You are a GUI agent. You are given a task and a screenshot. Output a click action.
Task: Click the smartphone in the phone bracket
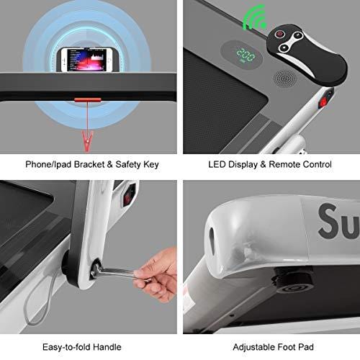pyautogui.click(x=87, y=60)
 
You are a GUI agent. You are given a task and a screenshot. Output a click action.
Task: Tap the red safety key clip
pyautogui.click(x=87, y=142)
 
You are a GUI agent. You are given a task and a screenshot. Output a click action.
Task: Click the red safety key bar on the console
pyautogui.click(x=87, y=99)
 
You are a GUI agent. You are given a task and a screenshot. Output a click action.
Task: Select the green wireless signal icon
pyautogui.click(x=254, y=18)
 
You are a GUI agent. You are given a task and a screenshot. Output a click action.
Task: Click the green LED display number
pyautogui.click(x=246, y=55)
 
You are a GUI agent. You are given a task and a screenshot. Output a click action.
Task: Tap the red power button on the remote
pyautogui.click(x=279, y=34)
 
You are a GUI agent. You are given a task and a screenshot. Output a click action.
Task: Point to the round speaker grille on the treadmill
pyautogui.click(x=284, y=78)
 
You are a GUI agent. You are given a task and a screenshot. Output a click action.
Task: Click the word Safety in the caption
pyautogui.click(x=128, y=165)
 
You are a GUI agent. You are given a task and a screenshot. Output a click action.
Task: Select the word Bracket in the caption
pyautogui.click(x=89, y=164)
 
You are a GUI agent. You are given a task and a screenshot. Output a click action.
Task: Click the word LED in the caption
pyautogui.click(x=217, y=164)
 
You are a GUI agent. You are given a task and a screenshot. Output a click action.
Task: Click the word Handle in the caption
pyautogui.click(x=107, y=347)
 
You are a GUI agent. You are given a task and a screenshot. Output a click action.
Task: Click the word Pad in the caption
pyautogui.click(x=306, y=347)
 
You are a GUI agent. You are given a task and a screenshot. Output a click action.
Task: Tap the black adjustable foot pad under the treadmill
pyautogui.click(x=293, y=281)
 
